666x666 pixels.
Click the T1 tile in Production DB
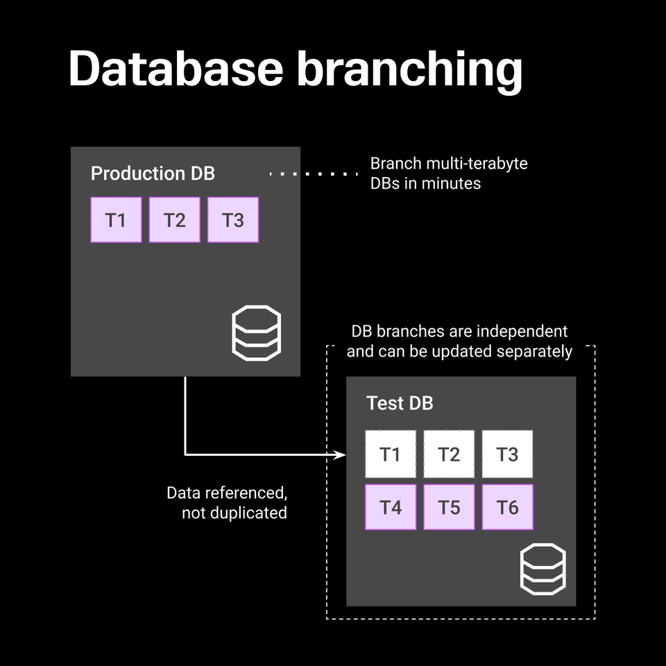point(116,220)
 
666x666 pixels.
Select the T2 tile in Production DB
point(174,220)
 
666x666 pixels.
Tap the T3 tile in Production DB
point(232,220)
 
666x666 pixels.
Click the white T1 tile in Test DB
point(391,454)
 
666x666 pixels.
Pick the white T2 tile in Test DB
point(449,454)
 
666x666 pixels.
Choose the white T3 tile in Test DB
point(507,454)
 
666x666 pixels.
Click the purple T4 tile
point(391,507)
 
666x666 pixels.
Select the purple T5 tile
point(449,507)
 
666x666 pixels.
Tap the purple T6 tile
point(507,507)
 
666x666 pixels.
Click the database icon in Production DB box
point(255,334)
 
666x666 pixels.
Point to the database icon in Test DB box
point(543,569)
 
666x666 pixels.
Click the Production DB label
point(153,173)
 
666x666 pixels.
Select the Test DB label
point(400,403)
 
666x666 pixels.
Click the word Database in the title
point(176,69)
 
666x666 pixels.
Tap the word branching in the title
point(409,69)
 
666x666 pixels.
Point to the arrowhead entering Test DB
point(341,455)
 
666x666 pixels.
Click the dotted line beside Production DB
point(314,173)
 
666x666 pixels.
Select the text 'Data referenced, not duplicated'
point(227,503)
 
